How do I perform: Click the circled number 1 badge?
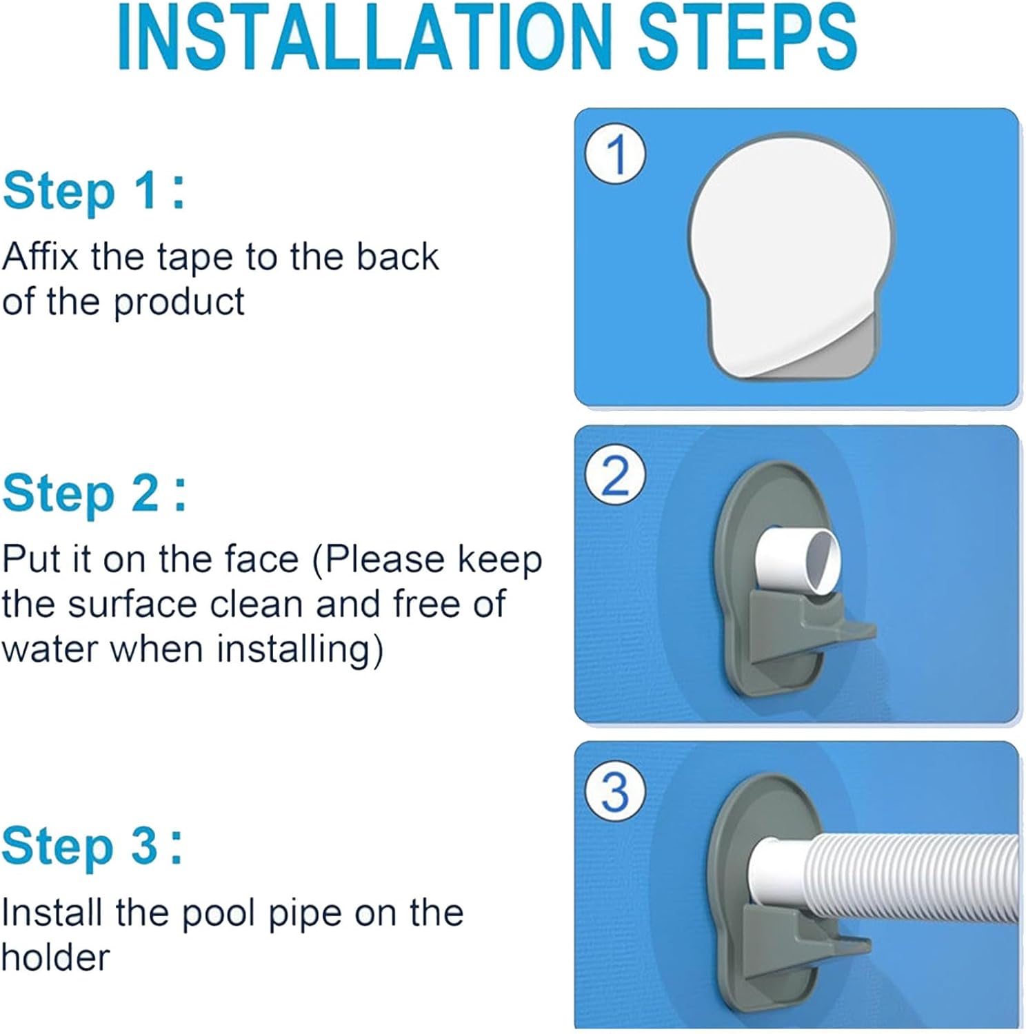point(615,154)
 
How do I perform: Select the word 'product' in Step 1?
point(179,302)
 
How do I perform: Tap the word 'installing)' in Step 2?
point(300,650)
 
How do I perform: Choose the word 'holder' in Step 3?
point(55,957)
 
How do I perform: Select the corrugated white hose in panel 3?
point(910,879)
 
